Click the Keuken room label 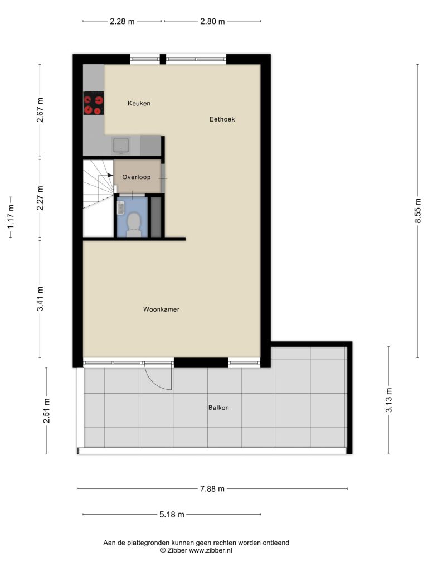click(x=139, y=103)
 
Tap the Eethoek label click(x=222, y=119)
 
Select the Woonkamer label click(x=161, y=309)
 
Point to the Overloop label click(x=137, y=177)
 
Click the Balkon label click(x=218, y=408)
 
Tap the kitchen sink click(x=121, y=146)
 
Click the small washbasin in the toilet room click(x=121, y=208)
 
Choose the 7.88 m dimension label click(x=212, y=489)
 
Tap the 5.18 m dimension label click(x=172, y=515)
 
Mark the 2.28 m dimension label click(x=122, y=22)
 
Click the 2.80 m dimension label click(x=212, y=22)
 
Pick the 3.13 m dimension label click(x=388, y=400)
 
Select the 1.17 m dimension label click(x=11, y=217)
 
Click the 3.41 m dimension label click(x=40, y=299)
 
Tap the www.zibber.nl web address click(x=210, y=551)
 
